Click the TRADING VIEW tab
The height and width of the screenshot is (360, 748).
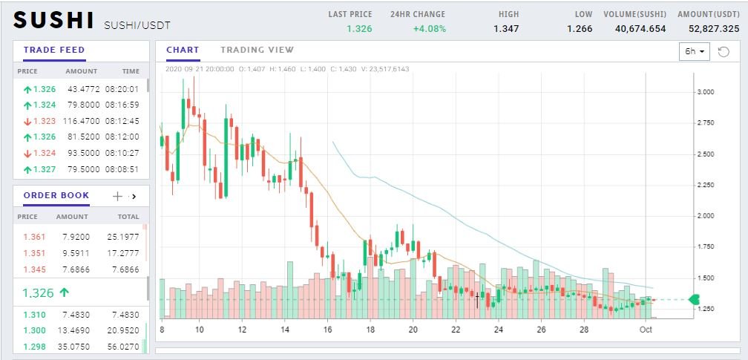pos(257,50)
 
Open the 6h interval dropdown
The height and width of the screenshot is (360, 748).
pos(694,51)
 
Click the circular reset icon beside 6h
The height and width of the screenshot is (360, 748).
pos(724,51)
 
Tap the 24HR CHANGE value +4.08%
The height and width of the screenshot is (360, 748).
pos(430,29)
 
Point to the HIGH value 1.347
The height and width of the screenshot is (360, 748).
pos(506,29)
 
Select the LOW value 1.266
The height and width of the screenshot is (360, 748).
pos(580,29)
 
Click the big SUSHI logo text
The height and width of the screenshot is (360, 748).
pos(53,20)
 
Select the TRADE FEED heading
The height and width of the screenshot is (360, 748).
pos(54,50)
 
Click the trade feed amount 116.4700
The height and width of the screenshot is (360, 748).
pos(82,121)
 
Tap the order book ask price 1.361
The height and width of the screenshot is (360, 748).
pos(34,237)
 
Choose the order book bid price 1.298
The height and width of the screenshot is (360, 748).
pos(34,347)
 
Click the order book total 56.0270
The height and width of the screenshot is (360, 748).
pos(123,347)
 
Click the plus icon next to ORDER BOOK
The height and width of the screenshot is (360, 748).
pos(117,196)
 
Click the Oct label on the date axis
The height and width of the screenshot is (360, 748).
pos(646,330)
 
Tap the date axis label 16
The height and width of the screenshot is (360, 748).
pos(327,330)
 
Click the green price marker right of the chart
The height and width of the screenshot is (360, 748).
pos(694,300)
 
